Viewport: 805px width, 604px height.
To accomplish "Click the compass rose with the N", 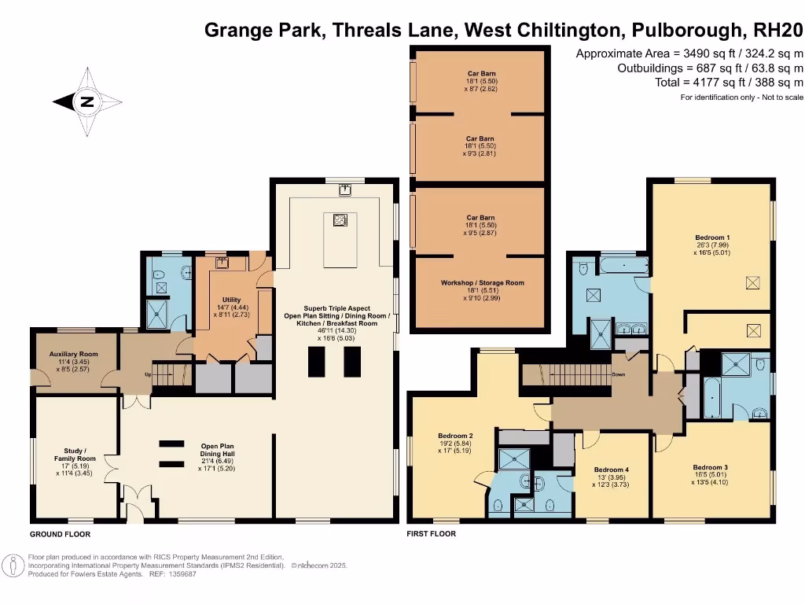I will [x=87, y=101].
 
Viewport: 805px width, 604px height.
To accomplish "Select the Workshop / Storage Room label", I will [x=482, y=282].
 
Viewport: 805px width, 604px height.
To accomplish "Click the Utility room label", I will [x=231, y=300].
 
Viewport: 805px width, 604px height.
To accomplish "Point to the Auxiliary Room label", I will [x=73, y=355].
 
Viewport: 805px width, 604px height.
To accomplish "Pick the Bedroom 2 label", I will [x=455, y=435].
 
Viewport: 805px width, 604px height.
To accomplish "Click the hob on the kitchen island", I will [x=340, y=220].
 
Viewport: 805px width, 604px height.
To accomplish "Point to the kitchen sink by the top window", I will [x=344, y=189].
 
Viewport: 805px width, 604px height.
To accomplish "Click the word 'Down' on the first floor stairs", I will [x=619, y=374].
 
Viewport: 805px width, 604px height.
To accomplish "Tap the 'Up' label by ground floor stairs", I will [x=147, y=374].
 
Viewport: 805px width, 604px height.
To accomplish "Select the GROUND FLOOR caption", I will [x=60, y=534].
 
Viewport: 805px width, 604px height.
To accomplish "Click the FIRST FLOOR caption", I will [x=431, y=534].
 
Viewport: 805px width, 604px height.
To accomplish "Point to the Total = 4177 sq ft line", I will [x=730, y=83].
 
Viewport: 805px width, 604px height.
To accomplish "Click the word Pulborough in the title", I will [x=690, y=30].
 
